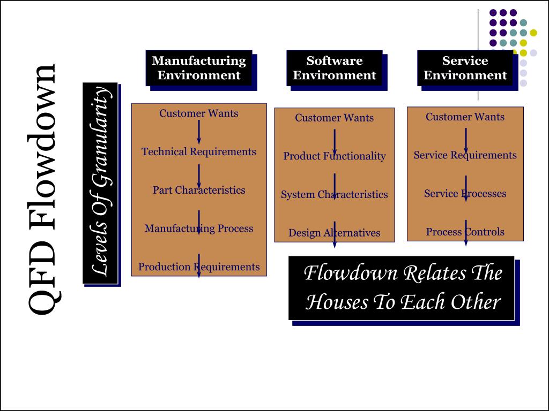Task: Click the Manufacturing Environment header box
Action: (199, 68)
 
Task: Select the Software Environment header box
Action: (335, 68)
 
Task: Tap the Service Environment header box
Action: (465, 68)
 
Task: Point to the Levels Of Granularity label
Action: (100, 183)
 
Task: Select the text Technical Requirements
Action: (199, 152)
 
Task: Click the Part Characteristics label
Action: (199, 191)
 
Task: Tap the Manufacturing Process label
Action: (199, 229)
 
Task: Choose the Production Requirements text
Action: (199, 267)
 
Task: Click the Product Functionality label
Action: (335, 156)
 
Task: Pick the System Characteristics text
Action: (335, 195)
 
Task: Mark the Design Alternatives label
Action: (335, 233)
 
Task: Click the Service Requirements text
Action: (465, 155)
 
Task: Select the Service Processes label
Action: (465, 194)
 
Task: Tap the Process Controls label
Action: (465, 232)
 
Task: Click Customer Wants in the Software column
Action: (335, 118)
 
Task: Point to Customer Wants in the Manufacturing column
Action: (199, 113)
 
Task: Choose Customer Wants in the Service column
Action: (465, 117)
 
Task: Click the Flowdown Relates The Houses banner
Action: (402, 288)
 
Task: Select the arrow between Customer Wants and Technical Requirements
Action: (199, 132)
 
